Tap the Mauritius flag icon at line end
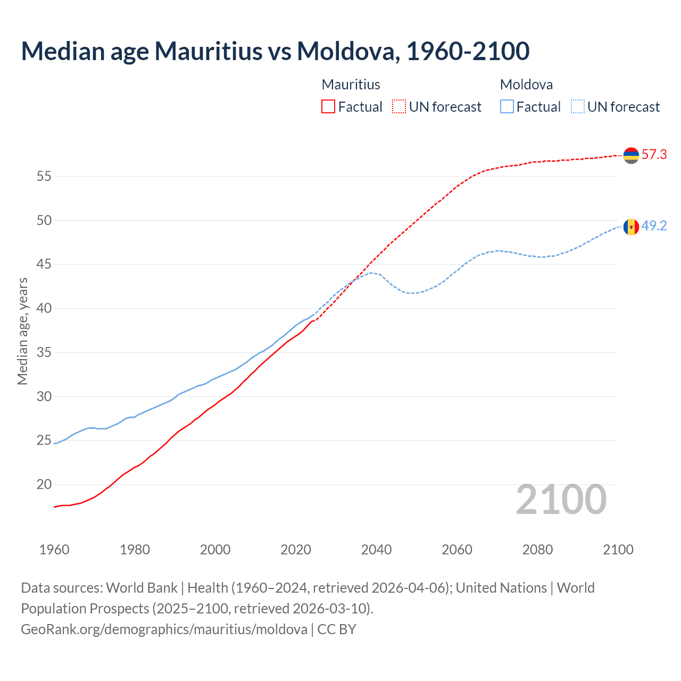631,155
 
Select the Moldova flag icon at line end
631,227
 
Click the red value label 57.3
654,155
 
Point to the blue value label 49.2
654,226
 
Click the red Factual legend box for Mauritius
328,107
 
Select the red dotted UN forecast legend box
399,107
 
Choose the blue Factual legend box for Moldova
507,107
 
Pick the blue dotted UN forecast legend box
578,107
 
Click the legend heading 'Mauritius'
351,85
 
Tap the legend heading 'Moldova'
526,85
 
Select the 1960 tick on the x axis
54,550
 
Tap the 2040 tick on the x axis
376,550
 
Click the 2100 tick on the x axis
618,550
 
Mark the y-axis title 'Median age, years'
22,331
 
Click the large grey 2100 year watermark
561,500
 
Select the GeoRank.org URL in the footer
164,629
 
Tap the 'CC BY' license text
337,629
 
